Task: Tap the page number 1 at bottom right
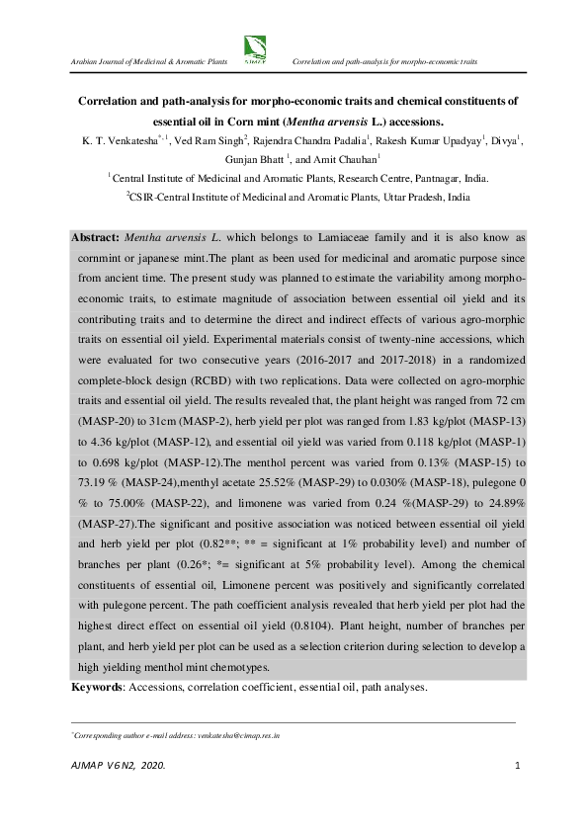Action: [518, 767]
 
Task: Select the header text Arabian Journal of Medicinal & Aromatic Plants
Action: [144, 61]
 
